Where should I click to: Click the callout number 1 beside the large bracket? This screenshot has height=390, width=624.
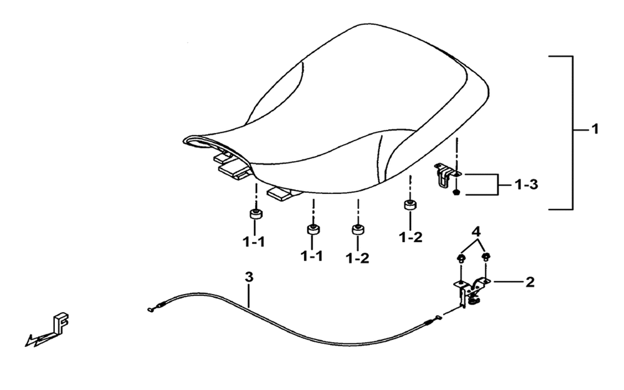595,129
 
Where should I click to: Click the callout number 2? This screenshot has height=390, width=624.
530,282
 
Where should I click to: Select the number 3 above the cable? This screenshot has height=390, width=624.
249,277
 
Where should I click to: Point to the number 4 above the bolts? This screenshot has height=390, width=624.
476,232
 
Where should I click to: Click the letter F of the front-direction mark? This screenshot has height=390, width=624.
61,323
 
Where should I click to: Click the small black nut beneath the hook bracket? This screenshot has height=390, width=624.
457,193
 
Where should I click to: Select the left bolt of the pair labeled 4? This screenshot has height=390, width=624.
461,259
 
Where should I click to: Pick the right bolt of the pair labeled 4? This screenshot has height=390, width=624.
485,257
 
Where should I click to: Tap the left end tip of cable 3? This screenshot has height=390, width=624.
150,310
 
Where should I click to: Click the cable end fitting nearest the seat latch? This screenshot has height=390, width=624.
438,317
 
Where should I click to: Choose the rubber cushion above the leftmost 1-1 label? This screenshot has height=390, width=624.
256,213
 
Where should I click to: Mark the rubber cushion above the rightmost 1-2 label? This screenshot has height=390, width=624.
410,205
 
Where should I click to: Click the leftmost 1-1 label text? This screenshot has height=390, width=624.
254,241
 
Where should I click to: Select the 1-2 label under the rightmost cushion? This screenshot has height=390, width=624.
411,237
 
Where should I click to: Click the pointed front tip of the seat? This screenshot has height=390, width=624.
184,140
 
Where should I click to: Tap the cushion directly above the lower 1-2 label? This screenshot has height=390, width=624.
358,230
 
